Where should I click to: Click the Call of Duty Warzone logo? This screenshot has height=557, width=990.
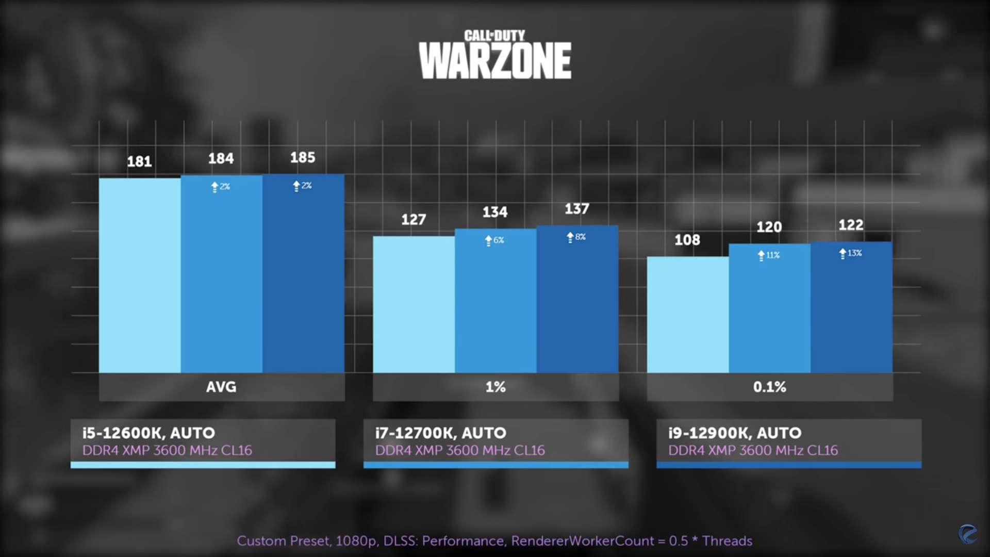[x=495, y=55]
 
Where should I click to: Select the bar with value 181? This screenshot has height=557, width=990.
[x=140, y=275]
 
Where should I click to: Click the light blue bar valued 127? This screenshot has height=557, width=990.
[x=414, y=304]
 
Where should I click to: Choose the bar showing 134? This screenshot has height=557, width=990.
[x=496, y=304]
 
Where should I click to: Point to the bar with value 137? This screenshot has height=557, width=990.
[x=577, y=304]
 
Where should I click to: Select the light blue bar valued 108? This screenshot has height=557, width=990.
[x=688, y=315]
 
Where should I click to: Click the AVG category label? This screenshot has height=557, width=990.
[x=221, y=387]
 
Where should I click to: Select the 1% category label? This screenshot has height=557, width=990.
[x=496, y=387]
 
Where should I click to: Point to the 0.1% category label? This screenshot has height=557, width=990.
[x=769, y=387]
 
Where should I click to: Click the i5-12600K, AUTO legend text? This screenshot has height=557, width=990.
[x=149, y=433]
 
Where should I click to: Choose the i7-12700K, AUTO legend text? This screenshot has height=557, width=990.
[x=441, y=433]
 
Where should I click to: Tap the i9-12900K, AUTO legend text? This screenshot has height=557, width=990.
[x=735, y=433]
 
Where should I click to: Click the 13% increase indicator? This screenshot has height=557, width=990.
[x=851, y=253]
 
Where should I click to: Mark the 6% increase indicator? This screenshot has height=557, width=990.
[x=494, y=240]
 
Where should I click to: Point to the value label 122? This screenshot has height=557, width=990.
[x=851, y=225]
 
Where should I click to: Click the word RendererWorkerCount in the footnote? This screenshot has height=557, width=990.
[x=583, y=540]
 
